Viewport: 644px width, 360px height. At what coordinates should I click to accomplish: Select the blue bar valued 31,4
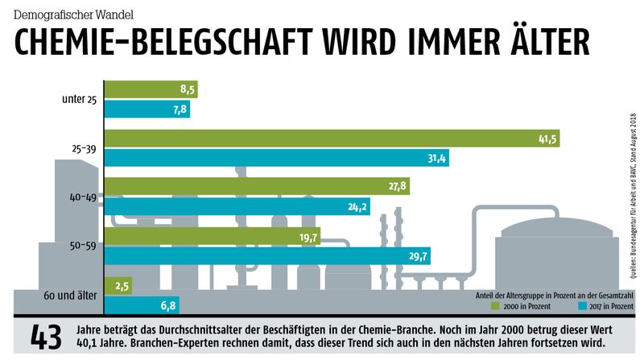click(x=277, y=158)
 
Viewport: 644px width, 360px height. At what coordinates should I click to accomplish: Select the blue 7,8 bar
click(x=147, y=110)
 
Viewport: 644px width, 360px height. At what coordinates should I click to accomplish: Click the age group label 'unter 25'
click(x=80, y=100)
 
